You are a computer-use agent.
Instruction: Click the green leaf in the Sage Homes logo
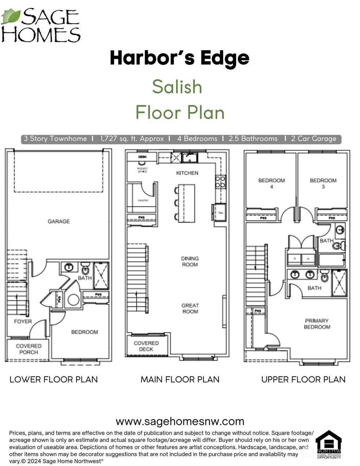coord(11,17)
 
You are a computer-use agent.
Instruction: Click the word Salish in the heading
coord(177,87)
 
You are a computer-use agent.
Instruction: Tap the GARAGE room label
coord(59,221)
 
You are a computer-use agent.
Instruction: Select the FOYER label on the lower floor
coord(23,321)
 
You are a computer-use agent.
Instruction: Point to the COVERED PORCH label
coord(28,349)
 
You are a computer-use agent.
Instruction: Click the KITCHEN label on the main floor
coord(187,173)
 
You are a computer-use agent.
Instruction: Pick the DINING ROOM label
coord(190,261)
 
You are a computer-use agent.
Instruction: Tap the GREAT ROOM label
coord(190,308)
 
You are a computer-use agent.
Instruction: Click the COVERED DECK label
coord(146,346)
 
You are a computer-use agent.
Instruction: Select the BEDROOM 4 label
coord(271,183)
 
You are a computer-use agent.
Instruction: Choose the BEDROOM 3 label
coord(323,183)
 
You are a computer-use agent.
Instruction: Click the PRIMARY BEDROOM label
coord(317,324)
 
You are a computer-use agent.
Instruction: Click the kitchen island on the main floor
coord(186,203)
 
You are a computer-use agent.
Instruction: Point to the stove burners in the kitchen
coord(220,182)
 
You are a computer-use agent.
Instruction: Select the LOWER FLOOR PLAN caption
coord(53,379)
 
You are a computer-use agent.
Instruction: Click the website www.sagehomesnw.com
coord(180,421)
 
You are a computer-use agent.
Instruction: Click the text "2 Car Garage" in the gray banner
coord(314,139)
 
